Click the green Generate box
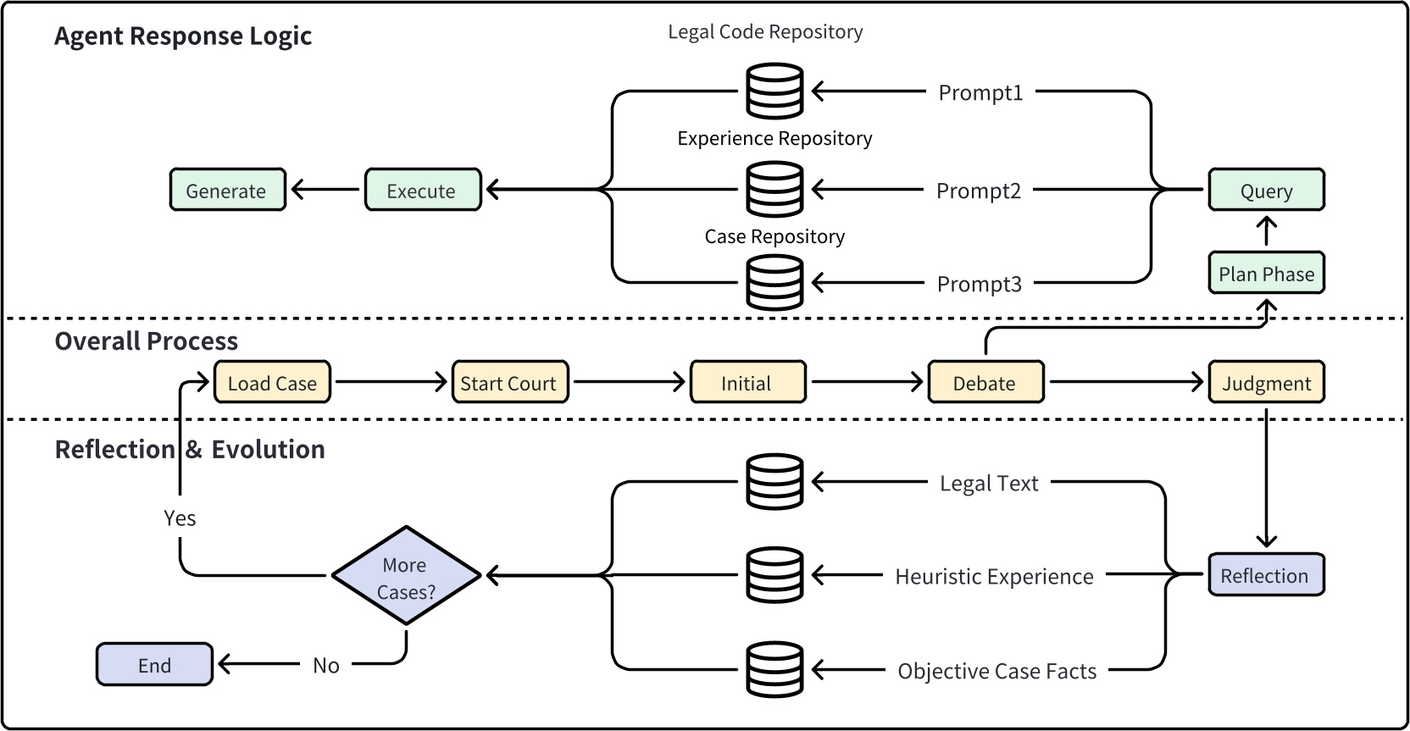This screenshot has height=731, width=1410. click(x=227, y=190)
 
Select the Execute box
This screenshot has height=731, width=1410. click(x=422, y=190)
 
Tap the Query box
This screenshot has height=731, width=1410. click(x=1265, y=190)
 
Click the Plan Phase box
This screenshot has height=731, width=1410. click(x=1265, y=273)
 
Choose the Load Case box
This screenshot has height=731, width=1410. click(x=271, y=382)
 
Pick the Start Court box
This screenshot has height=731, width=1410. click(x=508, y=382)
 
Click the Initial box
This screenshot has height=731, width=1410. click(x=747, y=382)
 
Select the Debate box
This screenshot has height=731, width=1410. click(x=985, y=382)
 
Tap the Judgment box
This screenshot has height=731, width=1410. click(x=1265, y=382)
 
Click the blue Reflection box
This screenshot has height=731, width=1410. click(x=1265, y=575)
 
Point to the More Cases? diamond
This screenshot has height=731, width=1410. click(x=406, y=576)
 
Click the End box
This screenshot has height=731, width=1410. click(x=154, y=664)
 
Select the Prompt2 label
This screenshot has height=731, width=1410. click(x=978, y=191)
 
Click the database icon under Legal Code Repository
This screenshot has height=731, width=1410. click(x=774, y=91)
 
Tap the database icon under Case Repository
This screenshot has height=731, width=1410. click(x=774, y=282)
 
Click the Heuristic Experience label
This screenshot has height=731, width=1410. click(x=994, y=576)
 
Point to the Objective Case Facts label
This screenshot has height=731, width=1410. click(x=996, y=671)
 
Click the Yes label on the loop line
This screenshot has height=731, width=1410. click(x=180, y=518)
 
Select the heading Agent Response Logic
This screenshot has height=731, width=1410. click(x=183, y=36)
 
